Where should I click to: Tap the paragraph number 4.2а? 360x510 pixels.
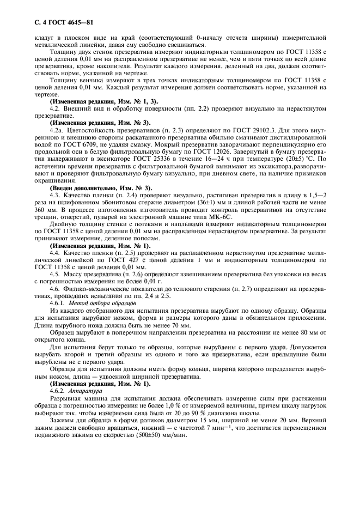tap(56, 131)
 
